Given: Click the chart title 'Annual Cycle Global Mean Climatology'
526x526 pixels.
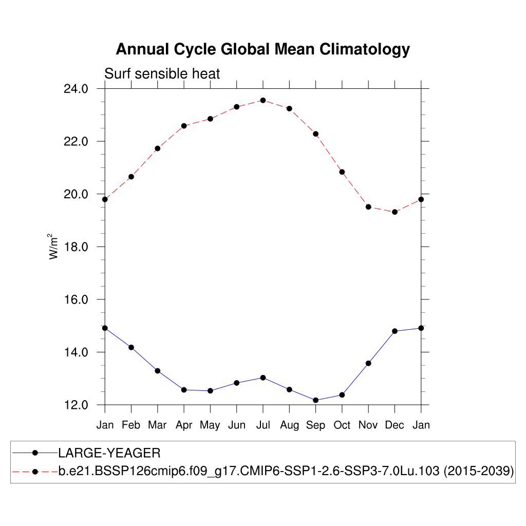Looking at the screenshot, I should pyautogui.click(x=262, y=49).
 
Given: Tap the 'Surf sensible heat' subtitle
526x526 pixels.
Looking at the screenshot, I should pyautogui.click(x=162, y=74).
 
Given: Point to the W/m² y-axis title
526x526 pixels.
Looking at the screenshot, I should pyautogui.click(x=53, y=246).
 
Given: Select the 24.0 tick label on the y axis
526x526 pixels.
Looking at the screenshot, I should pyautogui.click(x=76, y=89).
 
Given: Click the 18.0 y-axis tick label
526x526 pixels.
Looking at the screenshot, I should pyautogui.click(x=76, y=247).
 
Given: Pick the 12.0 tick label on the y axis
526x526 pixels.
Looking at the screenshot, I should pyautogui.click(x=76, y=405).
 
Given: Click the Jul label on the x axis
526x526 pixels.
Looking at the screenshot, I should pyautogui.click(x=263, y=425).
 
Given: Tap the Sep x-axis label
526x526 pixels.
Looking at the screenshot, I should pyautogui.click(x=315, y=425).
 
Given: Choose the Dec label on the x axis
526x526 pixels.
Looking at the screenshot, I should pyautogui.click(x=394, y=425).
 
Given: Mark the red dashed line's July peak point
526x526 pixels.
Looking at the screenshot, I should pyautogui.click(x=263, y=100).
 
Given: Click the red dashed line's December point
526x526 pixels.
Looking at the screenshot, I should pyautogui.click(x=394, y=212).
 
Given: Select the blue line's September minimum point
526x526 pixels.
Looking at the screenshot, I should pyautogui.click(x=315, y=400).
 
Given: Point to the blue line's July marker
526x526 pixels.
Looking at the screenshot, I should pyautogui.click(x=263, y=378).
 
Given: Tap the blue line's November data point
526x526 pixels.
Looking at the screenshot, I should pyautogui.click(x=368, y=363).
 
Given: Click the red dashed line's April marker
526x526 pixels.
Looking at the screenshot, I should pyautogui.click(x=184, y=125).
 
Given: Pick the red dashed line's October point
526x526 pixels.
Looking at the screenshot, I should pyautogui.click(x=342, y=172).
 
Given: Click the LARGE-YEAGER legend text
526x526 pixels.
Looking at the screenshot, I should pyautogui.click(x=109, y=453).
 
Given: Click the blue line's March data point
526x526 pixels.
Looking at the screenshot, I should pyautogui.click(x=158, y=370).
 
